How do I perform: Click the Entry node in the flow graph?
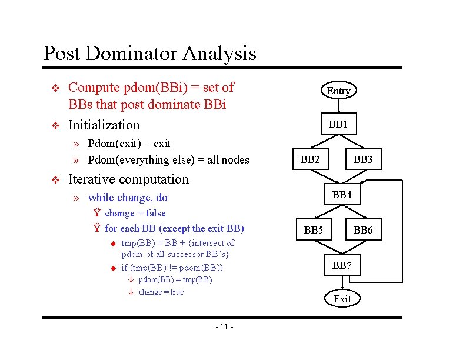tap(338, 91)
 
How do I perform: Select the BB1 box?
tap(338, 124)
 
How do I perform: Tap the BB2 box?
tap(310, 159)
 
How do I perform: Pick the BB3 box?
tap(363, 159)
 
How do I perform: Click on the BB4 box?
tap(342, 194)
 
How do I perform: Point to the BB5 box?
tap(314, 230)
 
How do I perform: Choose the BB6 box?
tap(363, 230)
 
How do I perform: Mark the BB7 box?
tap(342, 265)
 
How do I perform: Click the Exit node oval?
tap(342, 299)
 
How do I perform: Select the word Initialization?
tap(104, 125)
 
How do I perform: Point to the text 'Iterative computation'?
tap(128, 179)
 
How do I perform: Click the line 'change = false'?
tap(135, 214)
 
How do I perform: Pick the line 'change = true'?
tap(161, 292)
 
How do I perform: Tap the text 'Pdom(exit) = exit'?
tap(129, 144)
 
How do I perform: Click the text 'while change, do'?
tap(127, 198)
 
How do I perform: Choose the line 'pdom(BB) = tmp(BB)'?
tap(175, 279)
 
